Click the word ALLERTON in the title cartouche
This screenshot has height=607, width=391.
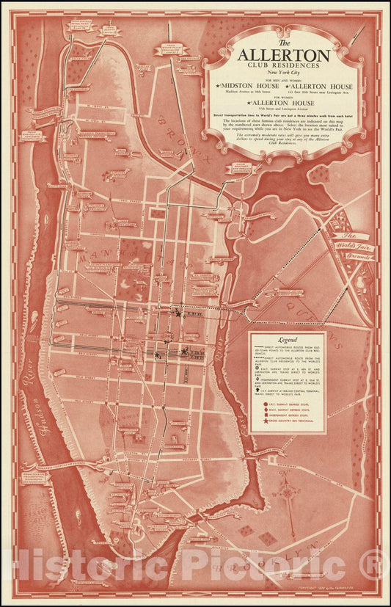(283, 55)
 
